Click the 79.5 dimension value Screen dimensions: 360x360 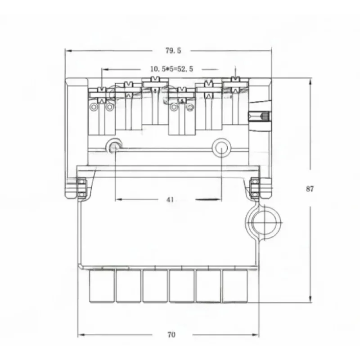pos(173,50)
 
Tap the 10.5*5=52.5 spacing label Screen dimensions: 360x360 pos(172,69)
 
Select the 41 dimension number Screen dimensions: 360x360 pos(170,199)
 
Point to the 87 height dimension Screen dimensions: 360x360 pos(310,189)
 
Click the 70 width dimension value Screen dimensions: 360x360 pos(171,335)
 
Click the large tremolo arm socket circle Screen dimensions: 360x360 pos(264,222)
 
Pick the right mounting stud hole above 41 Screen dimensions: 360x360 pos(221,147)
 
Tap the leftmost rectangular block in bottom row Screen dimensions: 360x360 pos(102,286)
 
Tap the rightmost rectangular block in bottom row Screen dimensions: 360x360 pos(234,286)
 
